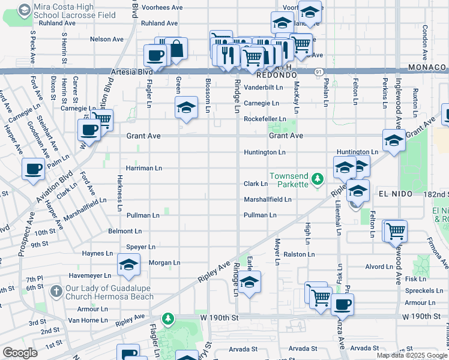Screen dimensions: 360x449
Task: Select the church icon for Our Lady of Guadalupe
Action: (56, 292)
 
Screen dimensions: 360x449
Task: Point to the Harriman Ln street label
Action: (143, 168)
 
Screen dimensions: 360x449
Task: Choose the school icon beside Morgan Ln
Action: (128, 265)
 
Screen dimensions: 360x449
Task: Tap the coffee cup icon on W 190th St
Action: (342, 304)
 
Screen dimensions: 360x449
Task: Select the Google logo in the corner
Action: (20, 353)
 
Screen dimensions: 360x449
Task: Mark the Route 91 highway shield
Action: (317, 71)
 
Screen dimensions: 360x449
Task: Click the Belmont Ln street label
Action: (125, 230)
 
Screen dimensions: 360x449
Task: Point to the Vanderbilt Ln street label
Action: (263, 87)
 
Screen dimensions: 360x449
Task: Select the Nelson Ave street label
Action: (106, 39)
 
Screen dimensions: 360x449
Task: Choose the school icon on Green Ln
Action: (186, 108)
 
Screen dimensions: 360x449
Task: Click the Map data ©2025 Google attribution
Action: (412, 355)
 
